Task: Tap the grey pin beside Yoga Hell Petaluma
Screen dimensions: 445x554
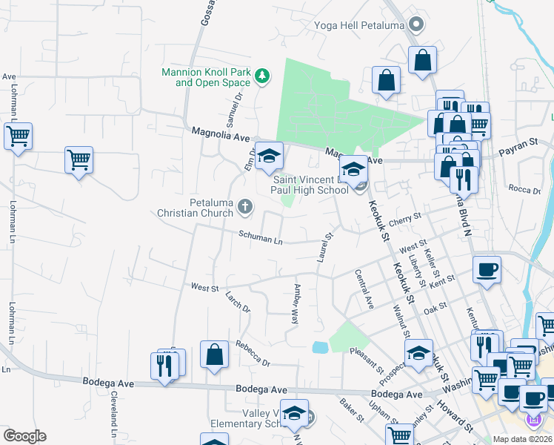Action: pos(416,25)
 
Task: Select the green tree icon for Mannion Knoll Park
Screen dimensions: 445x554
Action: pos(261,75)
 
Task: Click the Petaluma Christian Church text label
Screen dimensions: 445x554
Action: pos(196,208)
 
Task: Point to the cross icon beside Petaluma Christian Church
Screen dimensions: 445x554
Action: pos(245,208)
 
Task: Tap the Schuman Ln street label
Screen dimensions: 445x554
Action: pos(261,239)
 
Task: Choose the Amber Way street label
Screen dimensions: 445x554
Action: pos(296,304)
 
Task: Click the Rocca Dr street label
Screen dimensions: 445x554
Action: pos(527,190)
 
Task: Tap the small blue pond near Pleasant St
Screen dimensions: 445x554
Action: pos(320,347)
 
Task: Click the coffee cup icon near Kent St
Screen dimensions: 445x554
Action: pos(487,270)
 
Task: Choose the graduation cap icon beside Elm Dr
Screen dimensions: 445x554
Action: pos(269,156)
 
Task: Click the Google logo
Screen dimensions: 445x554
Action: pos(24,436)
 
